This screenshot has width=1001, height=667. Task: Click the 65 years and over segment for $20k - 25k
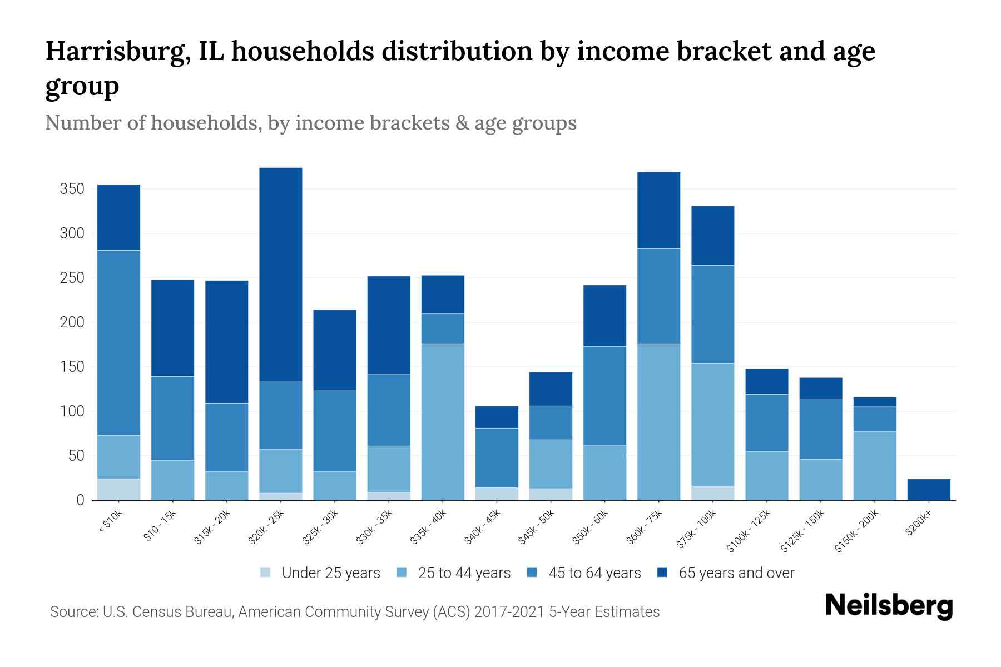281,275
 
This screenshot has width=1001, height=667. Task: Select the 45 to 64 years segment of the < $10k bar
118,342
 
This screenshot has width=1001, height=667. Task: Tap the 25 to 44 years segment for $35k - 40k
443,421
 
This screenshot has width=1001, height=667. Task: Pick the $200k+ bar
929,489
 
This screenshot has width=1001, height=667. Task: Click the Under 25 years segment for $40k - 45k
497,494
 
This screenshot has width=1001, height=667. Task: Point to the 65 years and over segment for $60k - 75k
658,210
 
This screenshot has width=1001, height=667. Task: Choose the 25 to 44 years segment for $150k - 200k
875,466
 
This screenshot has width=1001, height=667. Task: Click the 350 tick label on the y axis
72,189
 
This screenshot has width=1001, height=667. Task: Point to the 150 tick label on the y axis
72,367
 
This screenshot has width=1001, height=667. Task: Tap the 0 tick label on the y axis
80,500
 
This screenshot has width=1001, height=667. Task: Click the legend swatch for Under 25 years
266,573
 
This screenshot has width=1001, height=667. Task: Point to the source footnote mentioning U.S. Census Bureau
355,612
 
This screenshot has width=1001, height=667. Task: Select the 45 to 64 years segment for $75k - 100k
712,314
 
